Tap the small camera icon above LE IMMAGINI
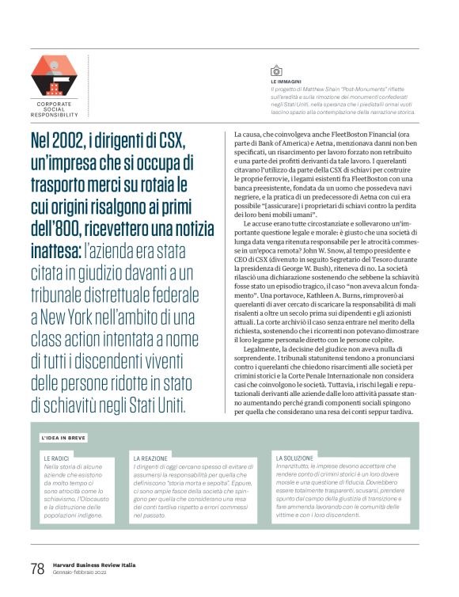(276, 70)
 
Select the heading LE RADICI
(56, 458)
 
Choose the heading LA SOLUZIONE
(294, 458)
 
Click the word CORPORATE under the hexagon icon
(55, 104)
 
